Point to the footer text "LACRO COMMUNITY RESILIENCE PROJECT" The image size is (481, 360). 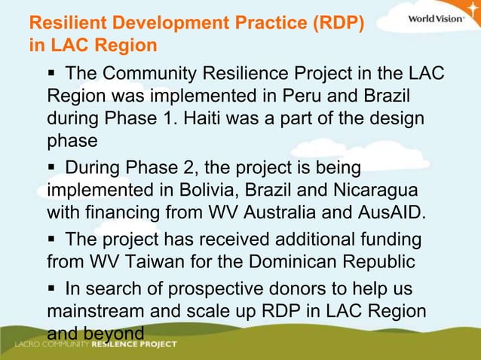coord(97,345)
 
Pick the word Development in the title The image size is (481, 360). coord(159,23)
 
